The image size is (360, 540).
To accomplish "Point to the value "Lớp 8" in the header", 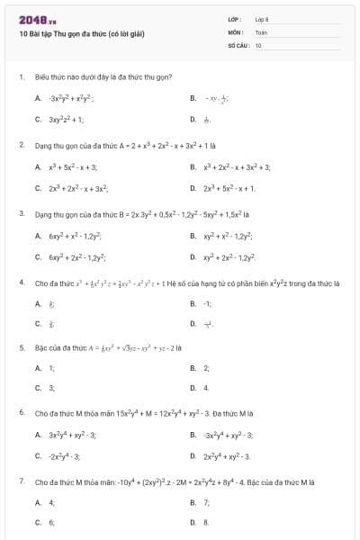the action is pyautogui.click(x=262, y=19).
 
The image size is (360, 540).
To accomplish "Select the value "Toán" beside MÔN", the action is pyautogui.click(x=261, y=31).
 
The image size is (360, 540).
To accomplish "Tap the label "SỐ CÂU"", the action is pyautogui.click(x=238, y=44).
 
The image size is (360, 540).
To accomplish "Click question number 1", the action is pyautogui.click(x=21, y=77).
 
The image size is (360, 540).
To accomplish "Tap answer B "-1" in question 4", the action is pyautogui.click(x=207, y=304).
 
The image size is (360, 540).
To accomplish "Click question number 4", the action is pyautogui.click(x=21, y=283).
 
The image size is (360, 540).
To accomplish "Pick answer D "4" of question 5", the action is pyautogui.click(x=206, y=388).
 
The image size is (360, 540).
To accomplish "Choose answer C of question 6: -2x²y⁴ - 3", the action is pyautogui.click(x=66, y=455).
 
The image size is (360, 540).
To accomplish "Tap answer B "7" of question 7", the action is pyautogui.click(x=206, y=501).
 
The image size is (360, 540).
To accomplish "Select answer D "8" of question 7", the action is pyautogui.click(x=206, y=522).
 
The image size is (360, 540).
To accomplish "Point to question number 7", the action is pyautogui.click(x=21, y=481).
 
